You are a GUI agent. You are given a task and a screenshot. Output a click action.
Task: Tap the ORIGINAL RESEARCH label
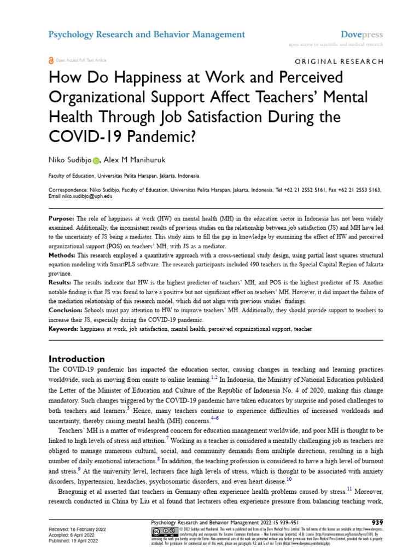pyautogui.click(x=339, y=61)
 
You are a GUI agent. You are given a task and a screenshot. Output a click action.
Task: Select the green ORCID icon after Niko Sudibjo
pyautogui.click(x=96, y=160)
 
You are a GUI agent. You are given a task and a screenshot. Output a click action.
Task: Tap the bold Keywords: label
pyautogui.click(x=64, y=329)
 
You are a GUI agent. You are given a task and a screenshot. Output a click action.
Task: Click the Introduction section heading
pyautogui.click(x=77, y=359)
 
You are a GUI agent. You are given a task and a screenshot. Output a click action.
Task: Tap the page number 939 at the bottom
pyautogui.click(x=377, y=522)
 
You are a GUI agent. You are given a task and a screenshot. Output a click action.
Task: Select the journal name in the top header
pyautogui.click(x=147, y=34)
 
